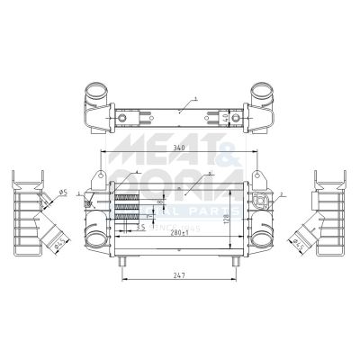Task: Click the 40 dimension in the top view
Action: coord(237,118)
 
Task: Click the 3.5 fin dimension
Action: coord(140,229)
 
